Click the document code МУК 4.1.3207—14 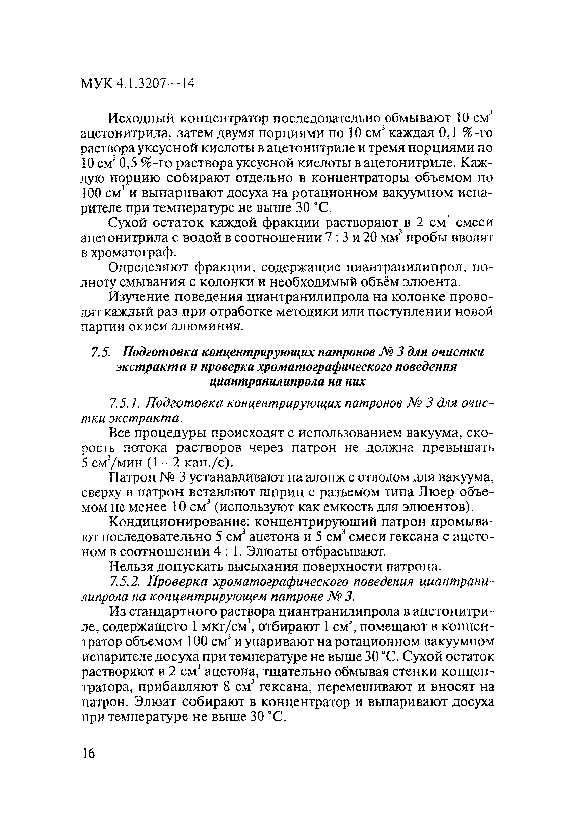138,84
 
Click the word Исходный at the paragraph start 140,118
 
